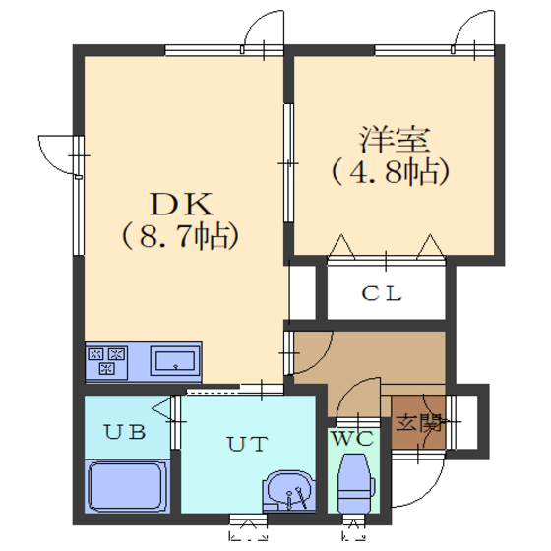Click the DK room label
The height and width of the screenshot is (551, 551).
pos(182,204)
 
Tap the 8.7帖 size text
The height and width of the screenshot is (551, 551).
pos(181,236)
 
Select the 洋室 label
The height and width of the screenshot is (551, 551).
pos(395,139)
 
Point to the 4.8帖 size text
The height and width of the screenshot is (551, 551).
pos(391,172)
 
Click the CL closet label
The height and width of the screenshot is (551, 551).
pos(382,293)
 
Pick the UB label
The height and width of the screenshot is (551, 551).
pos(125,432)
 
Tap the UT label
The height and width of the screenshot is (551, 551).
pos(248,444)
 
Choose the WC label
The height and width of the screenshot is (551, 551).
pos(353,438)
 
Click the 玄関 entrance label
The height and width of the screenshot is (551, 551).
pos(418,423)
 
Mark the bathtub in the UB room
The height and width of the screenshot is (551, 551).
pos(127,486)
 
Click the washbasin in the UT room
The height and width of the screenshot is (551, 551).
pos(289,491)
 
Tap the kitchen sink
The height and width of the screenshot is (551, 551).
pos(175,361)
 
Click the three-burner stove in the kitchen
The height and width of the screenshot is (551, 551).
pos(106,361)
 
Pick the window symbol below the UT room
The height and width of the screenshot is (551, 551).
pos(248,527)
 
